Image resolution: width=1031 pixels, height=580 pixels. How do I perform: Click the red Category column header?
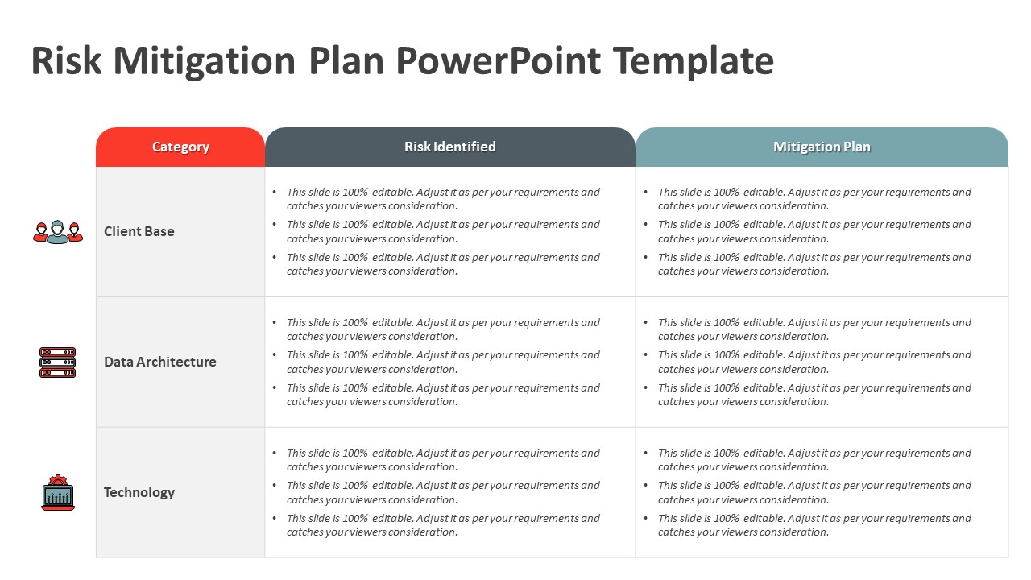coord(180,147)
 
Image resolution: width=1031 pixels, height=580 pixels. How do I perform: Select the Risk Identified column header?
coord(449,147)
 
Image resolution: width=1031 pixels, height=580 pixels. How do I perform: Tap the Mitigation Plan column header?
coord(822,147)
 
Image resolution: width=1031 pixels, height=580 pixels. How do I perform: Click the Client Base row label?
coord(139,231)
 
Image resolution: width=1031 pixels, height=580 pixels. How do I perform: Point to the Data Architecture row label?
coord(159,362)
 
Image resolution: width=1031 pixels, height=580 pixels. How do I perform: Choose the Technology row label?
coord(139,492)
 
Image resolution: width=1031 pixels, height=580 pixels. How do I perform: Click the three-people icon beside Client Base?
coord(57,232)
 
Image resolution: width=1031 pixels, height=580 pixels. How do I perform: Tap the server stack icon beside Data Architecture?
coord(57,362)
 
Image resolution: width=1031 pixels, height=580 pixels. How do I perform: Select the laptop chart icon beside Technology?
coord(57,494)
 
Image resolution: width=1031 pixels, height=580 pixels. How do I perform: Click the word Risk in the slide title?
coord(66,61)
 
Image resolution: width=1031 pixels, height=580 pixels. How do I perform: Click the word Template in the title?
coord(693,61)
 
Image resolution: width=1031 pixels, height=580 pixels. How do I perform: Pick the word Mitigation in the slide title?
coord(205,61)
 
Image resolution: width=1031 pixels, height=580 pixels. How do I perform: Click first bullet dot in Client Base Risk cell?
coord(275,193)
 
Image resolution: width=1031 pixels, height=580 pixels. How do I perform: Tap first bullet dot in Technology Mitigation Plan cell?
coord(646,454)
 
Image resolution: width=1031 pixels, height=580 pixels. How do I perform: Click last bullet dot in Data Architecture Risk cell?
coord(275,388)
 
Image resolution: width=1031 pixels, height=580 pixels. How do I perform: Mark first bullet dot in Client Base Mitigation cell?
coord(646,193)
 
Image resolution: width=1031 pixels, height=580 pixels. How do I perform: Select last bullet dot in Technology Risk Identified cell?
coord(275,519)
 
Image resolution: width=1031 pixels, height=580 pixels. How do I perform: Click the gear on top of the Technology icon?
coord(57,480)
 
